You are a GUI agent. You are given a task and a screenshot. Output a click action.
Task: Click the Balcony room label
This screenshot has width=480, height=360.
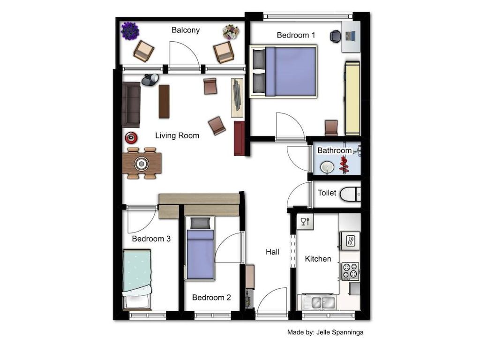pyautogui.click(x=186, y=30)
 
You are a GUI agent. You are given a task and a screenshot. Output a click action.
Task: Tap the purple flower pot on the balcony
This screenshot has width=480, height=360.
pyautogui.click(x=130, y=30)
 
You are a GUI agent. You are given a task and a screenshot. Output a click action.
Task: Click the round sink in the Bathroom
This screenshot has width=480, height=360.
pyautogui.click(x=327, y=167)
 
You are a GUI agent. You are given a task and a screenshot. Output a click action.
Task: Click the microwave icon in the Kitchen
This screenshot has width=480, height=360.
pyautogui.click(x=350, y=241)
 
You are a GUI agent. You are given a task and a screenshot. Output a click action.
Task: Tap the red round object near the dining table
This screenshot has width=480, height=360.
pyautogui.click(x=131, y=138)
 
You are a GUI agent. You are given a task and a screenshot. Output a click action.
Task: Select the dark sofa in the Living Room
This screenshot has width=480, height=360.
pyautogui.click(x=131, y=105)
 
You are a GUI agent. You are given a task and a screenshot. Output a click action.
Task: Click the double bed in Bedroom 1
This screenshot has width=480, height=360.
pyautogui.click(x=284, y=72)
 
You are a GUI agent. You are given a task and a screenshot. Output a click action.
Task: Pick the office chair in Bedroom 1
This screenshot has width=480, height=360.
pyautogui.click(x=336, y=36)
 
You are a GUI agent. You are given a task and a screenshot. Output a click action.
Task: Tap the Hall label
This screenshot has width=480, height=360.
pyautogui.click(x=272, y=252)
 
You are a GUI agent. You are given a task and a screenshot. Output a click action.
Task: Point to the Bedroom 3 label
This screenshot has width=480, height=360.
pyautogui.click(x=151, y=239)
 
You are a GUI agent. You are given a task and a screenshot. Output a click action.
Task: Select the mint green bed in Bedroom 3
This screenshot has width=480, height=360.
pyautogui.click(x=137, y=279)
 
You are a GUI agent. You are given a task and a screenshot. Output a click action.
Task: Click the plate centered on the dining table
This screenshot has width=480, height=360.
pyautogui.click(x=142, y=164)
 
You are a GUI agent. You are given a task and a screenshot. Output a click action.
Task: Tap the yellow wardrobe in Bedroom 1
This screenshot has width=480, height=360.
pyautogui.click(x=352, y=98)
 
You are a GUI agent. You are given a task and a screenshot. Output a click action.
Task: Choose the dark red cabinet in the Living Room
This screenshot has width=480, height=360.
pyautogui.click(x=239, y=138)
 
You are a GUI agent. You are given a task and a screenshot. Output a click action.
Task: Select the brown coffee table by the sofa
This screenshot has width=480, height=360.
pyautogui.click(x=164, y=101)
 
